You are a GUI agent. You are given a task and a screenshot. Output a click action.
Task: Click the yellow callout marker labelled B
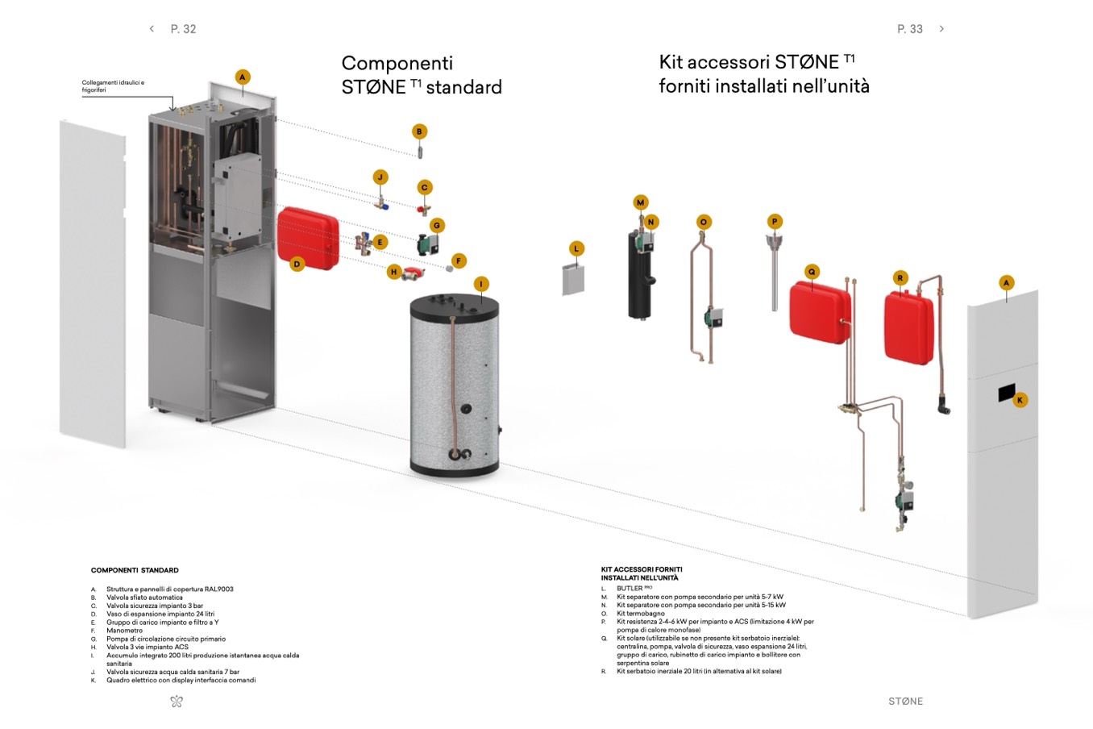click(418, 131)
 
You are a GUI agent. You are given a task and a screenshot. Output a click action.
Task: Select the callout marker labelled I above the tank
click(481, 284)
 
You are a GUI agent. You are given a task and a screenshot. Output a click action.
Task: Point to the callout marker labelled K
click(1020, 400)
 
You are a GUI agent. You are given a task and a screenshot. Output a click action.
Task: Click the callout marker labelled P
click(775, 222)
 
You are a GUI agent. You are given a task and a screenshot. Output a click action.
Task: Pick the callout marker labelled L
click(576, 248)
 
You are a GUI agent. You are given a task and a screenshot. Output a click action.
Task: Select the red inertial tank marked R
click(909, 318)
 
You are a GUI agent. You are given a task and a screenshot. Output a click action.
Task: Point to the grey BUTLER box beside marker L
click(573, 278)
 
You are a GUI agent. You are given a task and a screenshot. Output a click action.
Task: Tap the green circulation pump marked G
click(425, 242)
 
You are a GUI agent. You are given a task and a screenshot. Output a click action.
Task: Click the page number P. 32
click(183, 29)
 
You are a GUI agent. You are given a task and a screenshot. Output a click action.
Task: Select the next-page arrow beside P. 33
click(941, 29)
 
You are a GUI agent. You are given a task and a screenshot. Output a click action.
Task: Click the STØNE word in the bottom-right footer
click(905, 702)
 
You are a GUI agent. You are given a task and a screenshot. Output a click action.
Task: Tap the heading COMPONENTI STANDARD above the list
click(135, 570)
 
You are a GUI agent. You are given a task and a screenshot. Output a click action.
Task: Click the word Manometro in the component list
click(124, 631)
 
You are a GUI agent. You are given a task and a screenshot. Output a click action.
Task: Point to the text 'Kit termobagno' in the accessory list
click(641, 614)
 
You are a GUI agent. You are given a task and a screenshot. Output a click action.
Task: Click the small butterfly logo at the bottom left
click(177, 702)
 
